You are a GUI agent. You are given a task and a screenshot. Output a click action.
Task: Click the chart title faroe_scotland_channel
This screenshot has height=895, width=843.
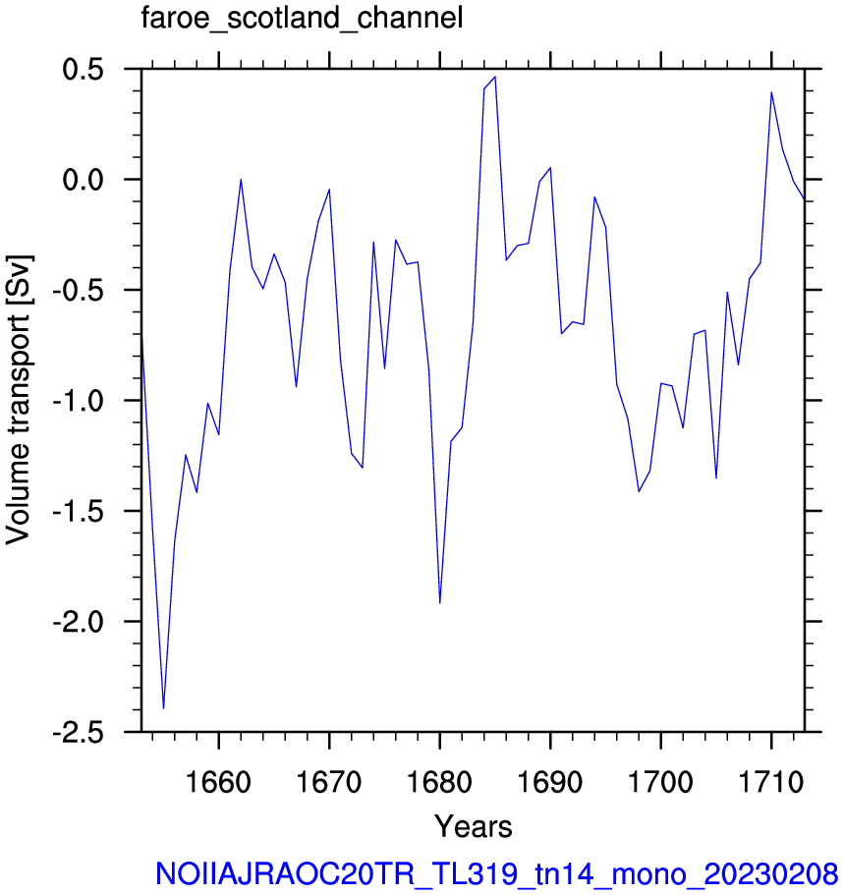[x=302, y=19]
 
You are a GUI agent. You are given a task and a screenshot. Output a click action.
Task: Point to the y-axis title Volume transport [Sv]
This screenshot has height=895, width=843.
[x=19, y=400]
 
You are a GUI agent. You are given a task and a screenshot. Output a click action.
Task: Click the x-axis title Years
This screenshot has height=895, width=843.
[x=474, y=826]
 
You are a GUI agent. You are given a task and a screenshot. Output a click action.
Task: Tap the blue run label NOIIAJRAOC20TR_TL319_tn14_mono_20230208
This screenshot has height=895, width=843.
[x=496, y=874]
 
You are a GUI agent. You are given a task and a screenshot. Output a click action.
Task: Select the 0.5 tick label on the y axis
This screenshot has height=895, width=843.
[x=83, y=70]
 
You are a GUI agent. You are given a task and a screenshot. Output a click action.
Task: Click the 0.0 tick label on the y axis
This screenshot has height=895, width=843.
[x=83, y=180]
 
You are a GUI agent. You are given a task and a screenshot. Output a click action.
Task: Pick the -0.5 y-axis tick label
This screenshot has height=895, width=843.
[x=79, y=290]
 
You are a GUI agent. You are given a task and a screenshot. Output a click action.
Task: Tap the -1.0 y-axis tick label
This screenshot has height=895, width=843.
[x=79, y=401]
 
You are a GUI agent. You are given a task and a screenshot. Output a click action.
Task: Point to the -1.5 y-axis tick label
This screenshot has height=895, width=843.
[x=79, y=511]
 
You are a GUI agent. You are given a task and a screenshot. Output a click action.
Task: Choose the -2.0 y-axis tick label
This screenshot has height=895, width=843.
[x=79, y=621]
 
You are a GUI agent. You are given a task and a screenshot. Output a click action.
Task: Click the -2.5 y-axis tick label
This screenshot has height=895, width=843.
[x=79, y=732]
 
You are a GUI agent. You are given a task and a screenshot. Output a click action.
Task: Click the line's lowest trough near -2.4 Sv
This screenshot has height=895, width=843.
[x=163, y=708]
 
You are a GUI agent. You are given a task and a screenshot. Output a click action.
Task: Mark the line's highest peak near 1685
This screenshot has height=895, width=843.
[x=495, y=77]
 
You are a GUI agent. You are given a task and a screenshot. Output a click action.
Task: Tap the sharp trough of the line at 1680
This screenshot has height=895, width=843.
[x=439, y=603]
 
